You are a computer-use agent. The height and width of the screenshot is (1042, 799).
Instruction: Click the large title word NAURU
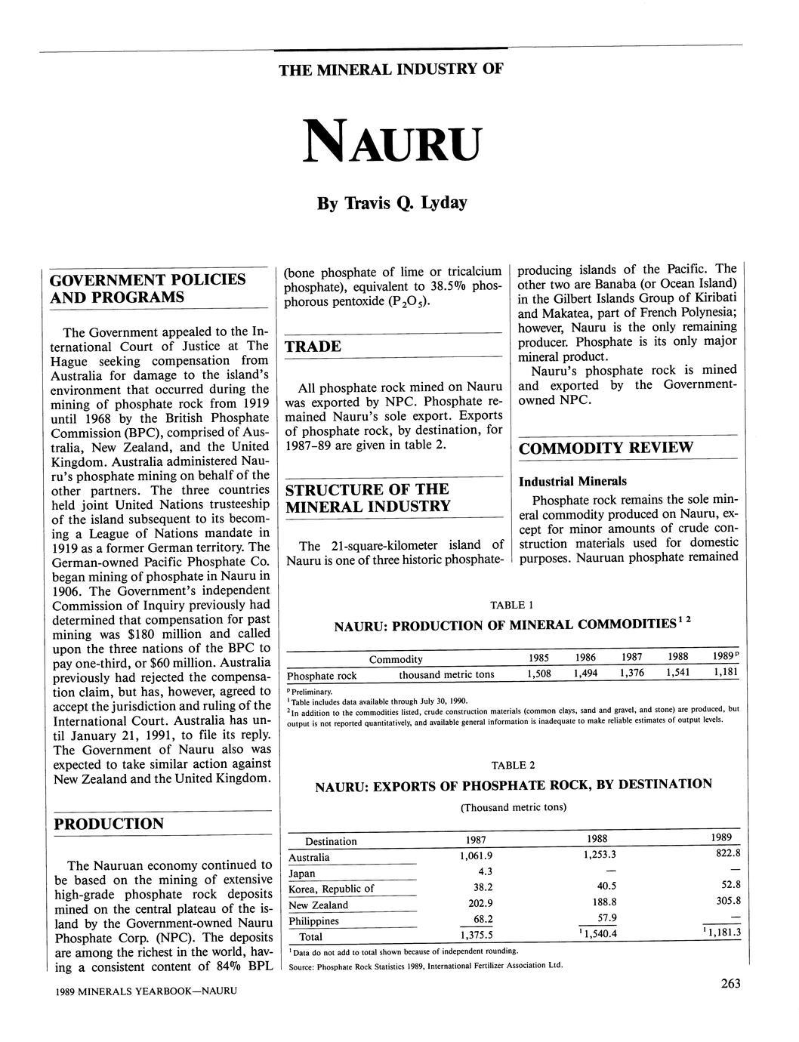(x=390, y=141)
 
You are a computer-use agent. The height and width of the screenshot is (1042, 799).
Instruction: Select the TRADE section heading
(x=313, y=347)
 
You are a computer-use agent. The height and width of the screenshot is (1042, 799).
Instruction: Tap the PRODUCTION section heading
(x=106, y=824)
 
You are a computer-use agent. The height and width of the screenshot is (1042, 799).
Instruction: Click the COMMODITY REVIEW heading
(x=606, y=448)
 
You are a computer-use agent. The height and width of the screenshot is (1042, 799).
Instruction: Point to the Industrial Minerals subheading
(x=572, y=482)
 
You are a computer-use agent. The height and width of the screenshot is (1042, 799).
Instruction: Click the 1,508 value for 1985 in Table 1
(x=538, y=674)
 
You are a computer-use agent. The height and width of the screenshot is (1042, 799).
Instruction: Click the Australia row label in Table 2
(x=309, y=857)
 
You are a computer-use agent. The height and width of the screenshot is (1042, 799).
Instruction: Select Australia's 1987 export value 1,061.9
(x=475, y=855)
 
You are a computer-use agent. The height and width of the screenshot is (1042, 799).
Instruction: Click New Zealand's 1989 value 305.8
(x=727, y=901)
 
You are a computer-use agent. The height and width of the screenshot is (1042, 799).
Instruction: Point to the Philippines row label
(x=313, y=921)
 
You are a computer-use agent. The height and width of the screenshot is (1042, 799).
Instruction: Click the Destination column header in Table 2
(x=331, y=841)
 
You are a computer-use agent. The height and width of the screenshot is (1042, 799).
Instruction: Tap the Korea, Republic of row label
(x=331, y=889)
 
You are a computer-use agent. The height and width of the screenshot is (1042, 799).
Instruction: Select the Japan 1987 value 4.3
(x=485, y=872)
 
